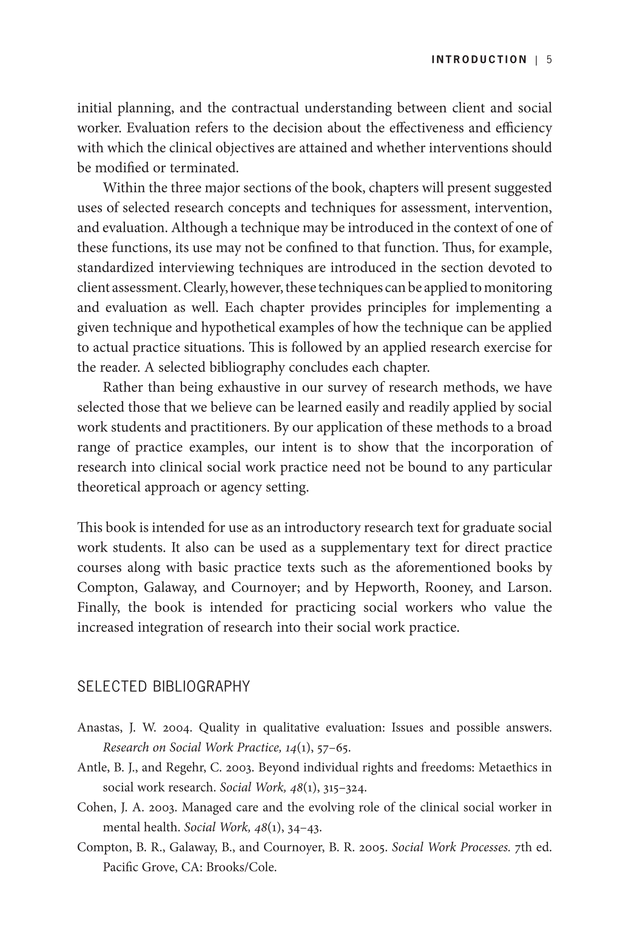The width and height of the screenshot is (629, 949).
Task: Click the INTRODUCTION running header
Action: [479, 60]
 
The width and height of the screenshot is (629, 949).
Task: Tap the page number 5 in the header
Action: [549, 60]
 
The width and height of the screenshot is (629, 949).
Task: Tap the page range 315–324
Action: [345, 788]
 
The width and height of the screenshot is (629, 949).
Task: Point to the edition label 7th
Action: [525, 847]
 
